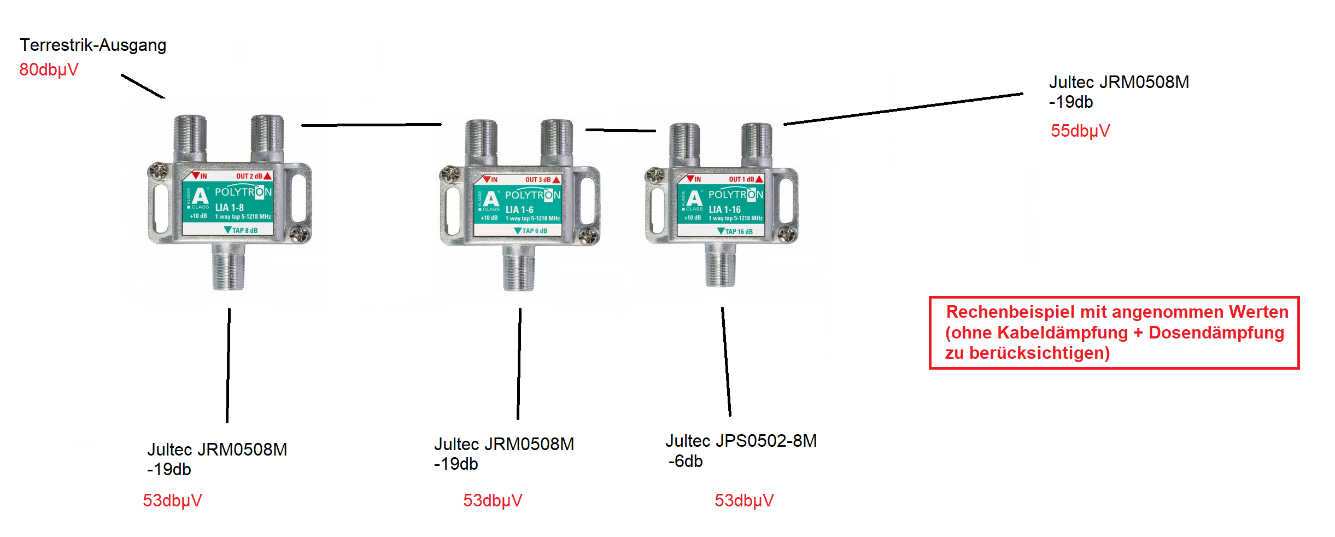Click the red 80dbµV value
coord(49,69)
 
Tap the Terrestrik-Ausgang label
coord(93,45)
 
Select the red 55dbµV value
coord(1080,131)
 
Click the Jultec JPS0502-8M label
coord(741,441)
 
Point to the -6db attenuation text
coord(686,462)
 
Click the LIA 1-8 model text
coord(229,207)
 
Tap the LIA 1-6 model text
coord(519,209)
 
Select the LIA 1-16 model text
coord(724,209)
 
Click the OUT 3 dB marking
coord(538,179)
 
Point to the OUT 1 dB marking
coord(741,179)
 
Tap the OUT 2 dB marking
coord(249,176)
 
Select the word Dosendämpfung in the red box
coord(1216,332)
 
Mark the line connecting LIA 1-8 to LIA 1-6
coord(371,125)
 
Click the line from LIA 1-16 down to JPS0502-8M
coord(726,361)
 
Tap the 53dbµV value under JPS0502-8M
coord(744,500)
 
